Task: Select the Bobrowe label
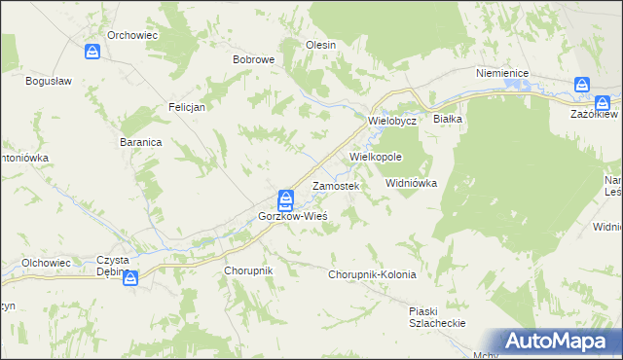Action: click(x=253, y=59)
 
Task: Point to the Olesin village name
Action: click(x=320, y=45)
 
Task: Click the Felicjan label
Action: click(x=186, y=107)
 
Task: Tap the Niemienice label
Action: click(x=501, y=73)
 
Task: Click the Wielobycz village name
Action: click(x=392, y=121)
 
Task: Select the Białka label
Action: click(x=448, y=119)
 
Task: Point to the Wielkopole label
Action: click(x=376, y=156)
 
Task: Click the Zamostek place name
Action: click(x=336, y=185)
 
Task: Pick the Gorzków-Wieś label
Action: click(x=292, y=215)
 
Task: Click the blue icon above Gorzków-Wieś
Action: click(x=285, y=199)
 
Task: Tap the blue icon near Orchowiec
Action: click(x=93, y=52)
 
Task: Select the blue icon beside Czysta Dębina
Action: click(x=131, y=278)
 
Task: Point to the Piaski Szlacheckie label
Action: click(x=437, y=317)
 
